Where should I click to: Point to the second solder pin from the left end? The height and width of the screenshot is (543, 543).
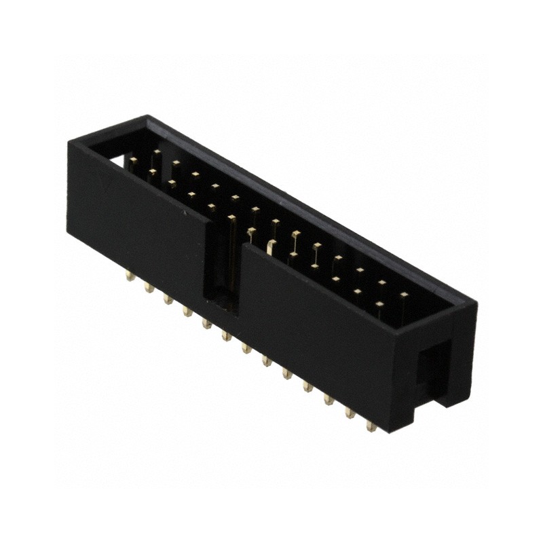(147, 288)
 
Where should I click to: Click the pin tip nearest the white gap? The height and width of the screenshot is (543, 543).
(134, 160)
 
